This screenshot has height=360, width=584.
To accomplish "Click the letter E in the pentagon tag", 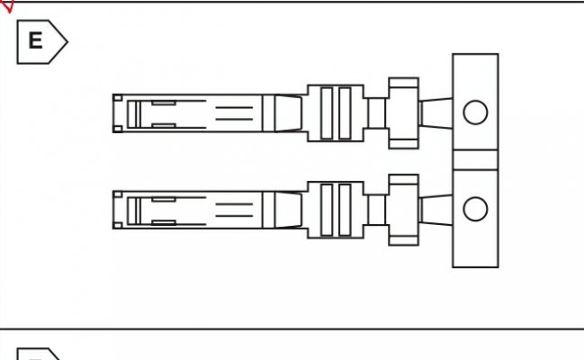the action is point(35,40).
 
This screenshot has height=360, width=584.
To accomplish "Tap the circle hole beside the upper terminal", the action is point(475,112).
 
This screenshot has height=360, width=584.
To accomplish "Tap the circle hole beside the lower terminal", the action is point(475,209).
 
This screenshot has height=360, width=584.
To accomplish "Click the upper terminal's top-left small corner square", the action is point(118,98).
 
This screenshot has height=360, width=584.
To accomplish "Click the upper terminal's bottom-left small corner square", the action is point(118,129).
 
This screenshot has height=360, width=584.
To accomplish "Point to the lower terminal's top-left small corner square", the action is point(118,194).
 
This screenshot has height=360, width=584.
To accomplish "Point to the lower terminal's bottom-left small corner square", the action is point(118,225).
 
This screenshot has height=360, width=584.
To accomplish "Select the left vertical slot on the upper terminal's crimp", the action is point(327,113).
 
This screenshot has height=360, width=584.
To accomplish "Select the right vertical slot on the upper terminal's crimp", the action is point(345,113).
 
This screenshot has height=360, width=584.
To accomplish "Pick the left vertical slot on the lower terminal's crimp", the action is point(327,210).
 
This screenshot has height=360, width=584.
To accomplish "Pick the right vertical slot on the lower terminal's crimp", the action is point(345,210).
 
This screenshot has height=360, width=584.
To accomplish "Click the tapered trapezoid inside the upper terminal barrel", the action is point(288,113).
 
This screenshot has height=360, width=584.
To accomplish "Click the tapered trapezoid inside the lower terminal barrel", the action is point(288,210).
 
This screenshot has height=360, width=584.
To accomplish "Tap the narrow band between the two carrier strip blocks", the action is point(476,160).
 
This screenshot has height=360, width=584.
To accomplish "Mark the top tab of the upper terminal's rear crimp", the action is point(404,83).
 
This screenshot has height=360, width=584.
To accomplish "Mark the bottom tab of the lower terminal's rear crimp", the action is point(404,240).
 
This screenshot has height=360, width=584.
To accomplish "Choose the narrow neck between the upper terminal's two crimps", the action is point(376,113).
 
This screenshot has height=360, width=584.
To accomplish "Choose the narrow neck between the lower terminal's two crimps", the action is point(376,210).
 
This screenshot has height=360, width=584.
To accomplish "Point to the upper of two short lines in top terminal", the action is point(234,107).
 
